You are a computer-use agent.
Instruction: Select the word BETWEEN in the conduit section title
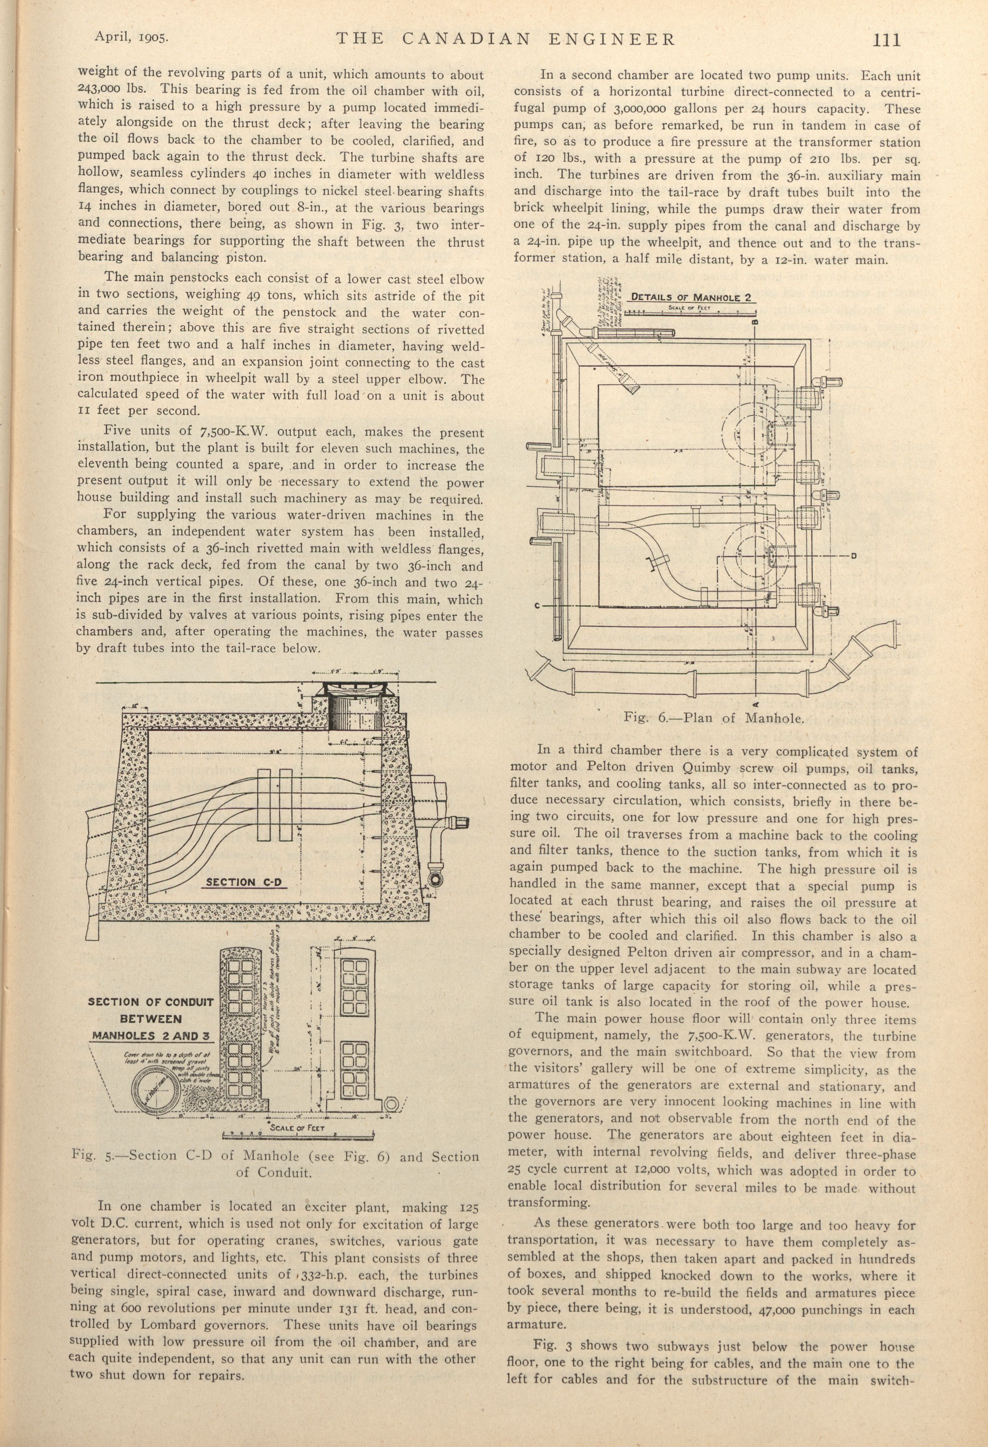(x=151, y=1019)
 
